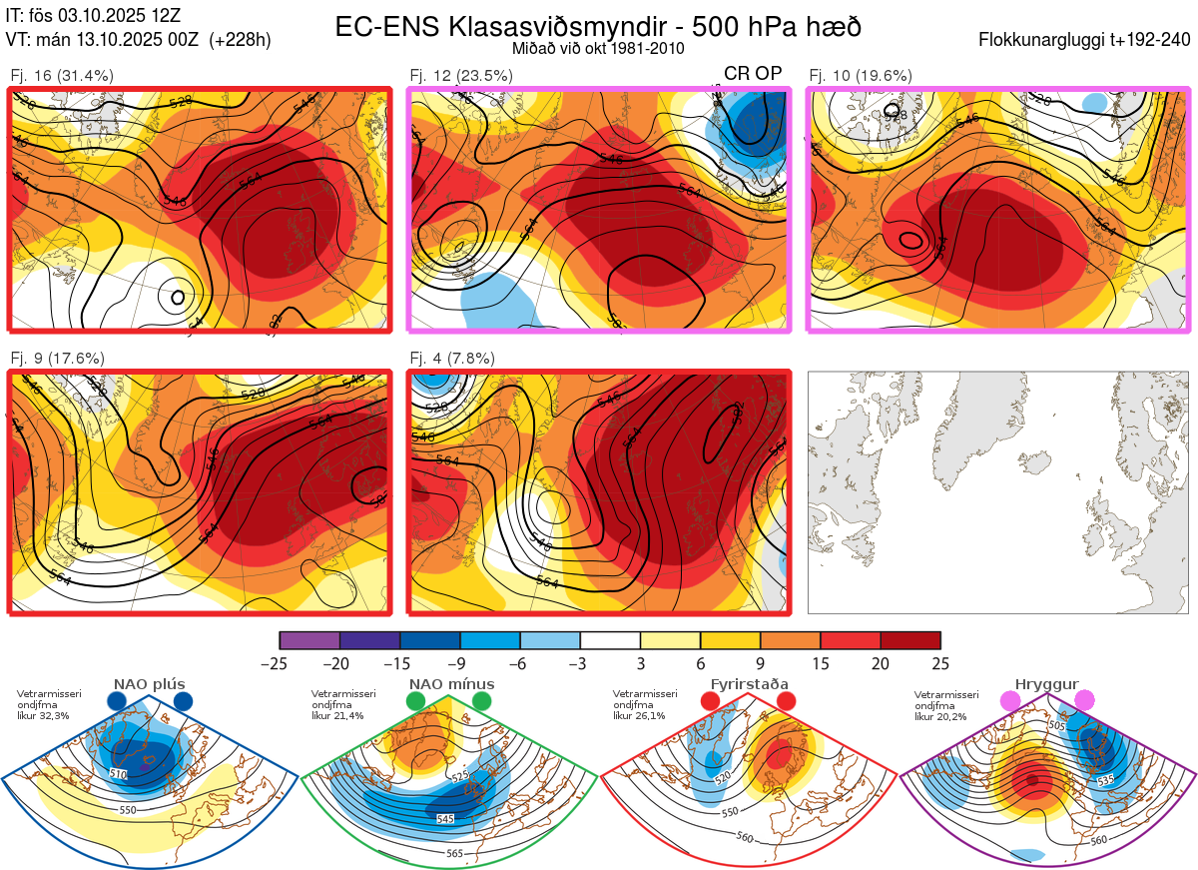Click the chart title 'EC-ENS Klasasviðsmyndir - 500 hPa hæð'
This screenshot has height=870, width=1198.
598,26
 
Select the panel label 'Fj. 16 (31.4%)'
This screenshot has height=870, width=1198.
61,75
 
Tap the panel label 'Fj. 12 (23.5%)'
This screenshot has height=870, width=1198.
461,75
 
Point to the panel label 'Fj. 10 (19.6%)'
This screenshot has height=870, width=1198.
860,75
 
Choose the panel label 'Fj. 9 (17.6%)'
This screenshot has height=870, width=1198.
57,358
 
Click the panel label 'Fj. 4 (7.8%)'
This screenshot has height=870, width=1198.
452,358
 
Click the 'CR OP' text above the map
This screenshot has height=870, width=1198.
753,73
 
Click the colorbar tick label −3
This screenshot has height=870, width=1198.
580,663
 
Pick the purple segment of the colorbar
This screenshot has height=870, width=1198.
309,640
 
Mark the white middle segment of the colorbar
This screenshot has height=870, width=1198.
610,640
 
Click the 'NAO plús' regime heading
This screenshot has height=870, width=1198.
149,684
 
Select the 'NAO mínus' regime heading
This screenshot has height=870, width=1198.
451,684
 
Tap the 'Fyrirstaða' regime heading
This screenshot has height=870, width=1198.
749,684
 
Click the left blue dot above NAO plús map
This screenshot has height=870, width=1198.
117,701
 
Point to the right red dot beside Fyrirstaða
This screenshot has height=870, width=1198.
786,701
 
